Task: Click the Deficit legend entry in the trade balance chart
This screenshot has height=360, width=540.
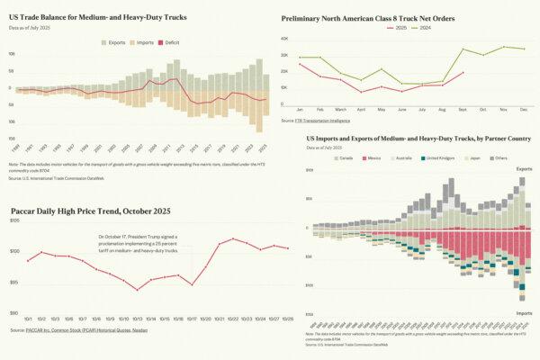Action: [x=169, y=42]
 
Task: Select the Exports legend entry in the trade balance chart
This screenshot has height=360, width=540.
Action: [x=116, y=42]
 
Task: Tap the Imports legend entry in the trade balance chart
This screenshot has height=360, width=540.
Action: [x=143, y=42]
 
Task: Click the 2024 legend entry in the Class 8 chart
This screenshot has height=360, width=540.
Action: [x=423, y=28]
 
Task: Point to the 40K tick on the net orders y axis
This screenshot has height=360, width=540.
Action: [x=284, y=40]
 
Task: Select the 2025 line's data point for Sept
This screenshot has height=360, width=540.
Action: [x=463, y=73]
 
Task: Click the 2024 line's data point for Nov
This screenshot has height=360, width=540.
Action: [x=504, y=47]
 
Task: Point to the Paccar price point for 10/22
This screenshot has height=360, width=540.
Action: [x=233, y=238]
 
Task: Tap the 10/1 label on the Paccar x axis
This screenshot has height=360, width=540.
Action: [x=28, y=319]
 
